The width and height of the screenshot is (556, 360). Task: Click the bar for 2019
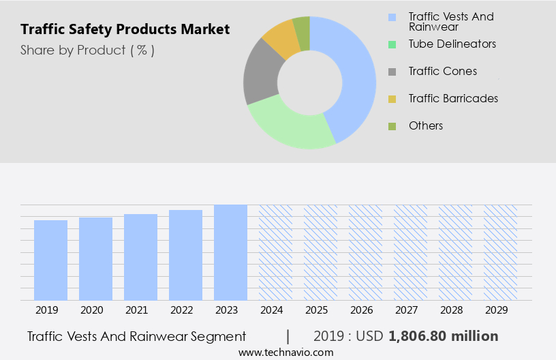tap(50, 260)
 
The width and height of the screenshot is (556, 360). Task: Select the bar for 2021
tap(140, 257)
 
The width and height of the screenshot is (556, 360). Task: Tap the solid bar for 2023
tap(230, 252)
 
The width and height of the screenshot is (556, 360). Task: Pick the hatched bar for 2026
tap(365, 252)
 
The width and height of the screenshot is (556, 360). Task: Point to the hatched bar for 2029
tap(500, 252)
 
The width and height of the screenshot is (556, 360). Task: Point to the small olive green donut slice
tap(301, 32)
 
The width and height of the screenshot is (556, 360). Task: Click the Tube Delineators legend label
tap(452, 44)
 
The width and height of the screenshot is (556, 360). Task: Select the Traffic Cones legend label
tap(442, 71)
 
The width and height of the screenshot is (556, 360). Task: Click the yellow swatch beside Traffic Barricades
tap(392, 99)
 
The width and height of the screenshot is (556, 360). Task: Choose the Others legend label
tap(425, 125)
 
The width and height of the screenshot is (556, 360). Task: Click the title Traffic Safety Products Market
tap(125, 29)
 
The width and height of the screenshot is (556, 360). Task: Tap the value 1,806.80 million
tap(443, 336)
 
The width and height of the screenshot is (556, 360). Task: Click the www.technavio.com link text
tap(286, 352)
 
